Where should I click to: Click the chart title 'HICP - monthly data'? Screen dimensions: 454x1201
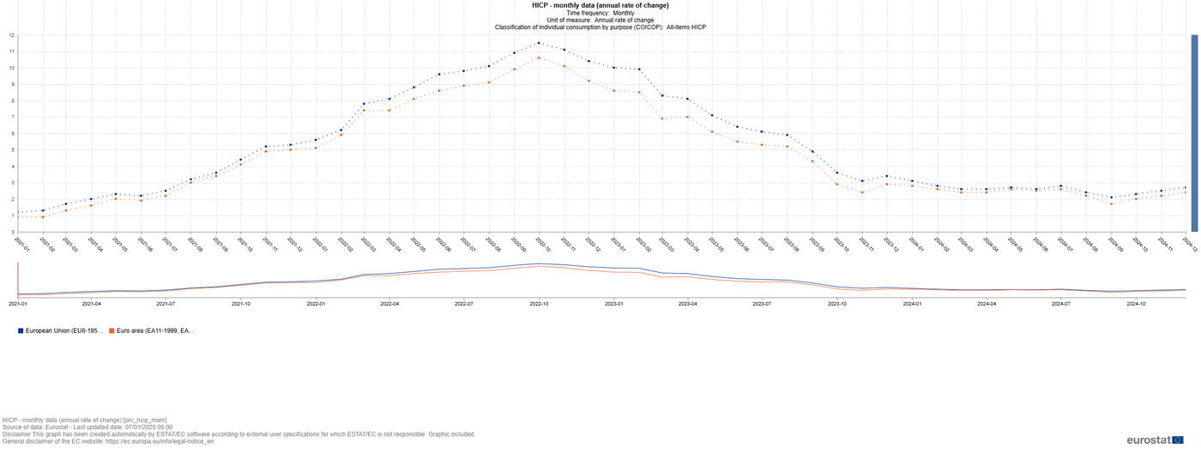pyautogui.click(x=600, y=5)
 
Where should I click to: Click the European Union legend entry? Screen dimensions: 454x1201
pyautogui.click(x=60, y=330)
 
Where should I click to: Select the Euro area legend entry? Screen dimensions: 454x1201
pyautogui.click(x=151, y=330)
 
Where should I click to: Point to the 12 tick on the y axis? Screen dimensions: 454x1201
pyautogui.click(x=11, y=35)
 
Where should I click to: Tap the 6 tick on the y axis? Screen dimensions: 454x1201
pyautogui.click(x=12, y=134)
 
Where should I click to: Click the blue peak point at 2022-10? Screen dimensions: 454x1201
pyautogui.click(x=539, y=43)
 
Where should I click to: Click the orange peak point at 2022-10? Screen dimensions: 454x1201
pyautogui.click(x=539, y=58)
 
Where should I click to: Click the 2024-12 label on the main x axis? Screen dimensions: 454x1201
pyautogui.click(x=1191, y=244)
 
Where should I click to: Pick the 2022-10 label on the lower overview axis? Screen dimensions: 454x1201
pyautogui.click(x=539, y=304)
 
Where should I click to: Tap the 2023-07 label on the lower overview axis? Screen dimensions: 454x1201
pyautogui.click(x=761, y=304)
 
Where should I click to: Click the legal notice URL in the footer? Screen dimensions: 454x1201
pyautogui.click(x=160, y=441)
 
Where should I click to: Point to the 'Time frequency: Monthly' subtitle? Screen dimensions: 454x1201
pyautogui.click(x=600, y=13)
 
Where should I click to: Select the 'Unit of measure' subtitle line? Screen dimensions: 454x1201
pyautogui.click(x=600, y=20)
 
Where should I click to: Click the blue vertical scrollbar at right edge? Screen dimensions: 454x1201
pyautogui.click(x=1194, y=133)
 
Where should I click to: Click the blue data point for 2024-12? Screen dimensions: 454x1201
pyautogui.click(x=1186, y=187)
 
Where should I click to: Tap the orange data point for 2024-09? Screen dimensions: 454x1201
pyautogui.click(x=1111, y=203)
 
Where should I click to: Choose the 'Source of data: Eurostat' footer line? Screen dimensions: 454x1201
pyautogui.click(x=87, y=427)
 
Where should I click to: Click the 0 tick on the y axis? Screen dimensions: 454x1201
pyautogui.click(x=12, y=232)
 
